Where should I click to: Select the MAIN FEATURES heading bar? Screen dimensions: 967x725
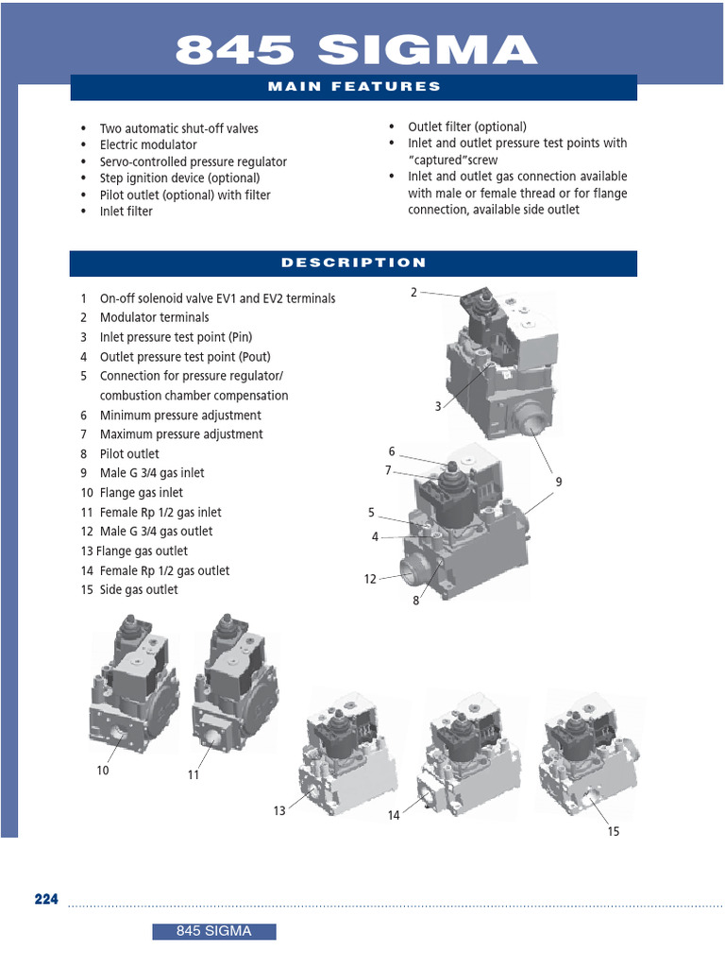(354, 87)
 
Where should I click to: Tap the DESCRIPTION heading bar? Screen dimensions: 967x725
(354, 263)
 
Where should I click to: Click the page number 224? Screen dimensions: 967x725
(46, 899)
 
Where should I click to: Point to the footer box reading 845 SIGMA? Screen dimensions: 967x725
(214, 932)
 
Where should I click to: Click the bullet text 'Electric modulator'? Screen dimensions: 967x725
(148, 145)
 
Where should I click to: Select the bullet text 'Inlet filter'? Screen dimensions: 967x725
(126, 212)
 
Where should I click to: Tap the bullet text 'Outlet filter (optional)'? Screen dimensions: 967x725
(466, 127)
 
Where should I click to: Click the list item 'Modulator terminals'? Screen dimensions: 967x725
(154, 317)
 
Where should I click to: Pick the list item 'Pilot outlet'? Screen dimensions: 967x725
(129, 454)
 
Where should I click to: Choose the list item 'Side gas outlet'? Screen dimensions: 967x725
(139, 590)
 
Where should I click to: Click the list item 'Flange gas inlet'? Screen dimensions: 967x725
(141, 493)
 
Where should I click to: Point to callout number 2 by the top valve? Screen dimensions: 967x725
(413, 292)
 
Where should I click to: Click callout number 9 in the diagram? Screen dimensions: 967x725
(558, 482)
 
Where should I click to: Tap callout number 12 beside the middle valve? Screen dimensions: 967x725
(370, 579)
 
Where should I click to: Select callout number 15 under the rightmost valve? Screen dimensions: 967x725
(614, 831)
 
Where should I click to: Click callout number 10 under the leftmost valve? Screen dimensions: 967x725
(103, 771)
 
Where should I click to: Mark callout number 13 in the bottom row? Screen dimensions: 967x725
(279, 810)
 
